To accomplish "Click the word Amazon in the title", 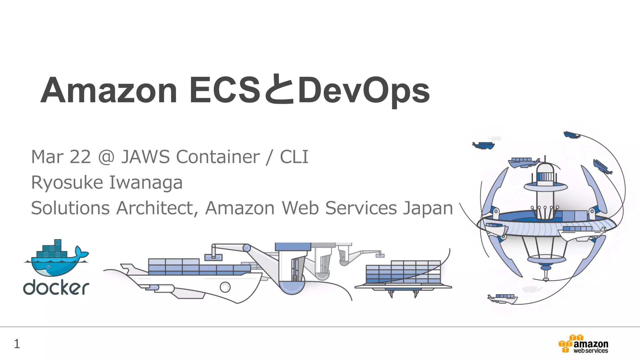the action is (109, 91).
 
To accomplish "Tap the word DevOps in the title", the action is (364, 91).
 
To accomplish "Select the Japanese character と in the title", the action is (279, 90).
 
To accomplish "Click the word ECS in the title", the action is (225, 91).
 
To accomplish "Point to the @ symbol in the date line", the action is (106, 157).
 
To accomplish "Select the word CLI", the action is (294, 157).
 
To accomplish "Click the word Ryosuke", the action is (67, 182).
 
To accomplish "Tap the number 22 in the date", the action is (80, 157).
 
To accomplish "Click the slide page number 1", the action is (17, 344).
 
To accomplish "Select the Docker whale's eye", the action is (48, 267).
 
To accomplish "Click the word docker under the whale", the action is (56, 288).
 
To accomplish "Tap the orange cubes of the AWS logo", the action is (566, 344).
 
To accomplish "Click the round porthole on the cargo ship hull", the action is (225, 287).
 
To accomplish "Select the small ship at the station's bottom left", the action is (502, 298).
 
